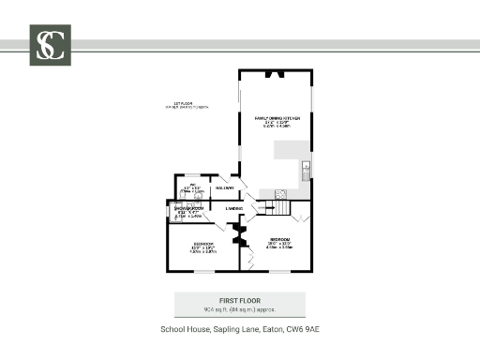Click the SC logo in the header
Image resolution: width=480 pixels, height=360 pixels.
click(50, 45)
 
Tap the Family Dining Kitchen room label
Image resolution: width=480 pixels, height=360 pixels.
click(276, 121)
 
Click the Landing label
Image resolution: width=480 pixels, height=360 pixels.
click(234, 208)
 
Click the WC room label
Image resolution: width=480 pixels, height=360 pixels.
click(196, 187)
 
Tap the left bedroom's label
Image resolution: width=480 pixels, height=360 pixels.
click(203, 248)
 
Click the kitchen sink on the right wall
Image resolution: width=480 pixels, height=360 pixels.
click(306, 170)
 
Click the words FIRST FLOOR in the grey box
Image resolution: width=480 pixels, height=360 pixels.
click(240, 299)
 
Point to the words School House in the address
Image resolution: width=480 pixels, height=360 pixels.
click(183, 330)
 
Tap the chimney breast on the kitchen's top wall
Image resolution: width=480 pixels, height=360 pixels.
click(276, 72)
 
